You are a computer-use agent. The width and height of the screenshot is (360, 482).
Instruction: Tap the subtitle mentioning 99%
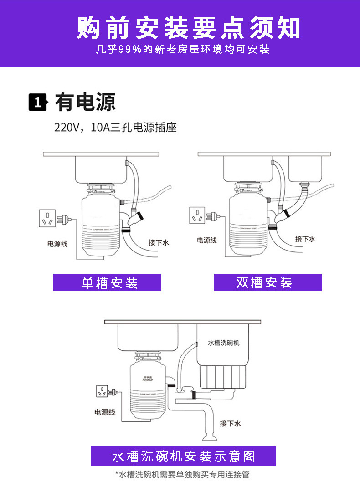[x=183, y=50]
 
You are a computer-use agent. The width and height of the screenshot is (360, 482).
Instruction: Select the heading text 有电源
[x=85, y=102]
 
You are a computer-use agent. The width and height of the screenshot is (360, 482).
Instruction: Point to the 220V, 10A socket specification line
[x=115, y=128]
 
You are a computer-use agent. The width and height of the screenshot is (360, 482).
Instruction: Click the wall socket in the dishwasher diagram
[x=103, y=391]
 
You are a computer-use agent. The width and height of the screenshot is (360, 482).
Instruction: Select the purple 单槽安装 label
[x=107, y=283]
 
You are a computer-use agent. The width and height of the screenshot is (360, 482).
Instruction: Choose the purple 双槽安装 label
[x=267, y=282]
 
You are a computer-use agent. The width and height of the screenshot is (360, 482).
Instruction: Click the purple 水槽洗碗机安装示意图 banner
[x=183, y=456]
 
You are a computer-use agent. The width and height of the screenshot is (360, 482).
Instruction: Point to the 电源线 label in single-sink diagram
[x=57, y=244]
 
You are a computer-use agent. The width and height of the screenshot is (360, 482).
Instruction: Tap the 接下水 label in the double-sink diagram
[x=305, y=239]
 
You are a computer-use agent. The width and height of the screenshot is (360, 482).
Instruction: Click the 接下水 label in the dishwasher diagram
[x=230, y=424]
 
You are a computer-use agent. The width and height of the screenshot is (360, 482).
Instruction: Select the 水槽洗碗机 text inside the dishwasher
[x=223, y=343]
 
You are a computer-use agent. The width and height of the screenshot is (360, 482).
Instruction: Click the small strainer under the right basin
[x=304, y=184]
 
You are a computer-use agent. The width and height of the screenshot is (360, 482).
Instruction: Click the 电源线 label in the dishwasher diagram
[x=105, y=412]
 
